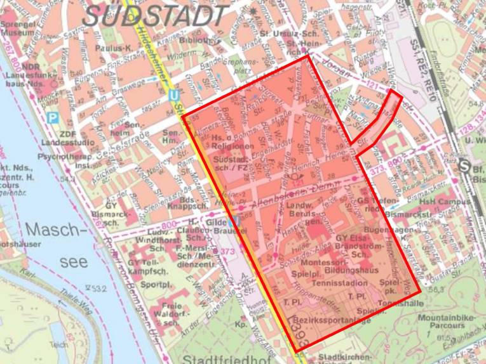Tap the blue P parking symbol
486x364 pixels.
click(54, 117)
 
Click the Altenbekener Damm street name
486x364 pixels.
click(302, 184)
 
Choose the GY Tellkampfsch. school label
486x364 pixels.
click(149, 266)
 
